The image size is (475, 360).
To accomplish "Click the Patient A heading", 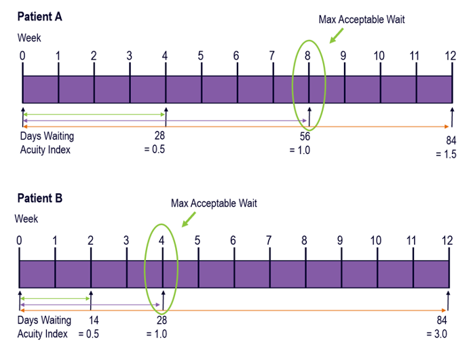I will [40, 17].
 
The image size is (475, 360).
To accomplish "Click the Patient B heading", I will [40, 198].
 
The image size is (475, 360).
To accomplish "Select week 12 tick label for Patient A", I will [450, 56].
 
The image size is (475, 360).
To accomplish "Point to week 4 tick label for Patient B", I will [161, 240].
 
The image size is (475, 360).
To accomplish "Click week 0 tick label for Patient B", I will [19, 240].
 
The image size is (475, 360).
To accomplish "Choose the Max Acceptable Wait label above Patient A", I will [361, 20].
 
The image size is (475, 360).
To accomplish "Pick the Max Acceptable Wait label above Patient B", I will [214, 203].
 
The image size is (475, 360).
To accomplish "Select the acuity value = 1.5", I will [446, 155].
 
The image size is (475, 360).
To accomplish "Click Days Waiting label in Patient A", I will [47, 136].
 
